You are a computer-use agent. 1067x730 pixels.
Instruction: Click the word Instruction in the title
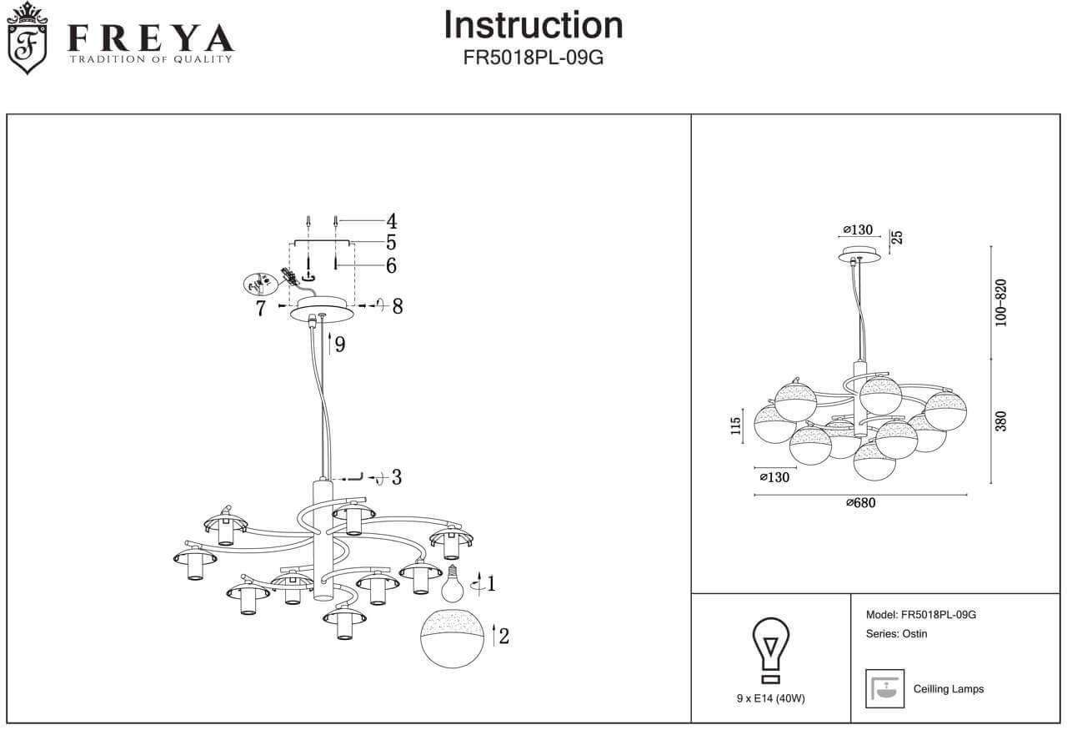pos(533,25)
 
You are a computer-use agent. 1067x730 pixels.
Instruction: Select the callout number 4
pos(391,221)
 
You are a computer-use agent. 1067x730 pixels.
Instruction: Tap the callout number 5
pos(391,243)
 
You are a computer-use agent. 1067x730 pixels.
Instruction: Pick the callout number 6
pos(391,265)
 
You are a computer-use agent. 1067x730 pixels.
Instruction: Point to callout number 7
pos(261,309)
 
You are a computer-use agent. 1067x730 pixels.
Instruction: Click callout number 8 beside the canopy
pos(398,306)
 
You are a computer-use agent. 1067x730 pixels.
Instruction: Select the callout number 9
pos(340,343)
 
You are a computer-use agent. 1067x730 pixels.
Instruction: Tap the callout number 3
pos(397,477)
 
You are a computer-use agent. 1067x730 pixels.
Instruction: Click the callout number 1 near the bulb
pos(491,584)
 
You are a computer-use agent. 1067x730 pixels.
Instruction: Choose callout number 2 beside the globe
pos(503,637)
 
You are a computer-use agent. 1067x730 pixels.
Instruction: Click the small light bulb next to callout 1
pos(451,584)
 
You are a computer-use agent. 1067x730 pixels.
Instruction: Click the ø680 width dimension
pos(860,502)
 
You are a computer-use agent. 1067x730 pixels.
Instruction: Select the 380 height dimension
pos(1001,421)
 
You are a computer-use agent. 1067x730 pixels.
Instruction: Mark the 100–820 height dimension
pos(1001,302)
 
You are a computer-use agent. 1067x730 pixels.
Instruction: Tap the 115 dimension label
pos(735,425)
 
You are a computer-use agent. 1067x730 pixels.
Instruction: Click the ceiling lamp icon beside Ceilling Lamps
pos(885,688)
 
